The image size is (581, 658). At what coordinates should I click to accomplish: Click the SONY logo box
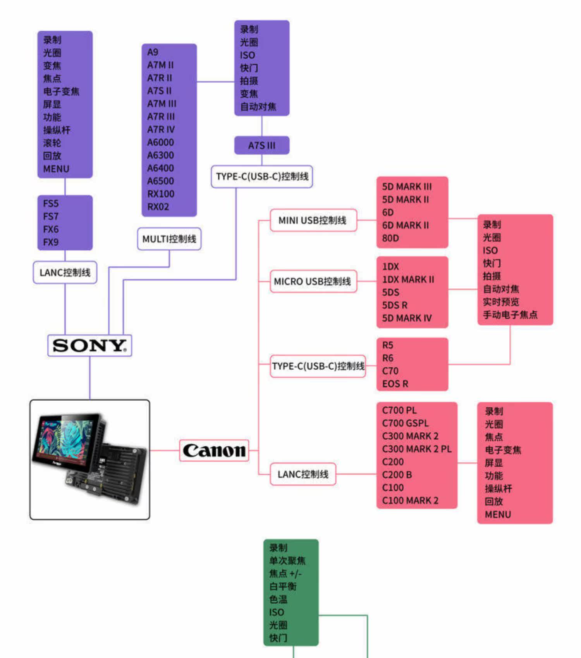tap(89, 346)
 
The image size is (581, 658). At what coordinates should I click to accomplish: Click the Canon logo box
tap(214, 451)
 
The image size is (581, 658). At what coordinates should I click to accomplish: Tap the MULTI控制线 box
tap(169, 239)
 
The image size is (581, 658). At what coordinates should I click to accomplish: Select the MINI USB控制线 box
tap(313, 220)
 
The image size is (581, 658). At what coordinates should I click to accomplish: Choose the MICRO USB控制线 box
tap(313, 281)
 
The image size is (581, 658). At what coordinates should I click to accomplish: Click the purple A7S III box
tap(262, 146)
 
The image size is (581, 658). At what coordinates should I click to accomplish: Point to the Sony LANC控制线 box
tap(65, 272)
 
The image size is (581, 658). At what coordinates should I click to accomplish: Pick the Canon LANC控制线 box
tap(303, 474)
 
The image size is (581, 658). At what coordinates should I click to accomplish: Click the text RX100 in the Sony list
tap(161, 194)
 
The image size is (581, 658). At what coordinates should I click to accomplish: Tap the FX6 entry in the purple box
tap(51, 229)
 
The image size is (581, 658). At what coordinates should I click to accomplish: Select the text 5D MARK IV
tap(407, 318)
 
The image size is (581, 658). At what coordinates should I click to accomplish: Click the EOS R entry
tap(395, 384)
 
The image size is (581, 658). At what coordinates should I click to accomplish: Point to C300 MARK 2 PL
tap(417, 449)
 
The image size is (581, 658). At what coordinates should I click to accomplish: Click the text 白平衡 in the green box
tap(283, 586)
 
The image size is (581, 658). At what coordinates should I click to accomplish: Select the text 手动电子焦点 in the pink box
tap(510, 315)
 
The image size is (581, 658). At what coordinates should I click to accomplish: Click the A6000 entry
tap(160, 142)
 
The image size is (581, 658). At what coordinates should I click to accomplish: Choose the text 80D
tap(390, 238)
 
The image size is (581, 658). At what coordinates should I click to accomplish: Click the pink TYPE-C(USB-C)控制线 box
tap(318, 366)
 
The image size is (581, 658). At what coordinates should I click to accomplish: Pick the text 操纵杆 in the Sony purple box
tap(57, 130)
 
